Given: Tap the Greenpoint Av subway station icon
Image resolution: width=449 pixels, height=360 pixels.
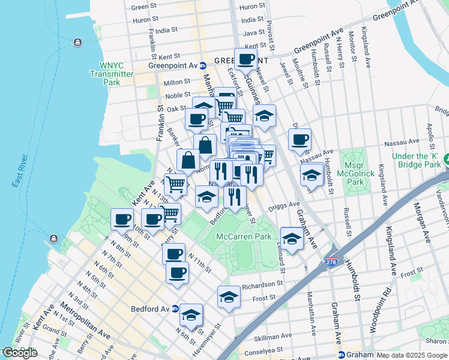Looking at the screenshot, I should (203, 65).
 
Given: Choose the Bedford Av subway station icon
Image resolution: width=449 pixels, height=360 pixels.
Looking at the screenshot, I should (175, 309).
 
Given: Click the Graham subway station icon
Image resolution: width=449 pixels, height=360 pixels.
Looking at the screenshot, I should (342, 355).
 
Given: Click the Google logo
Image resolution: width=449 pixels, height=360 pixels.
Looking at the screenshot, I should (19, 353).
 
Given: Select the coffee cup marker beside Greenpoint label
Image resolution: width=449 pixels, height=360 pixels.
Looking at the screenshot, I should (246, 59).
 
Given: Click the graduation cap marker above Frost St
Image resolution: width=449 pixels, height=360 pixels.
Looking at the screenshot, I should (229, 296).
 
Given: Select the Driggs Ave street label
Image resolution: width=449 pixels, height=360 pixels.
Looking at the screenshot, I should (286, 205).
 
